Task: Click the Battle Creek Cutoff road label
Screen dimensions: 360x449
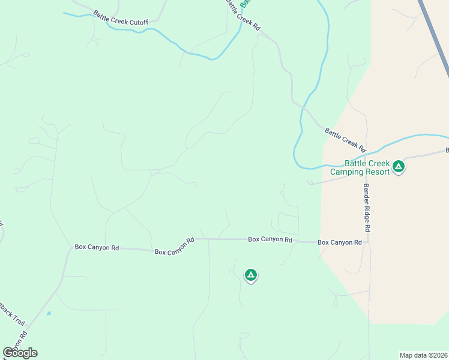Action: [x=120, y=17]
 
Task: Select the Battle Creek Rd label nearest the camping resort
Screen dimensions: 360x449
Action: [x=345, y=139]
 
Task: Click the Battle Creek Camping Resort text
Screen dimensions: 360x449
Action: [x=360, y=167]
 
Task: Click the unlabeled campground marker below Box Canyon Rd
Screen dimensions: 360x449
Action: [x=251, y=275]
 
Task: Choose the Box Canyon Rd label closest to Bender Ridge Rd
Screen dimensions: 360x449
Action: [x=339, y=242]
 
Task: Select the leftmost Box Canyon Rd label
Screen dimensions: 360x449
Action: [x=97, y=247]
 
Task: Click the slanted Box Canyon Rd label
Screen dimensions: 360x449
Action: [x=175, y=247]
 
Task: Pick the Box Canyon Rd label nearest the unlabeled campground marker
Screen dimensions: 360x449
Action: [x=270, y=239]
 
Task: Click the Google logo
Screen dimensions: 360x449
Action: [x=20, y=353]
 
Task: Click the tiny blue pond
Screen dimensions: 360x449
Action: [x=48, y=313]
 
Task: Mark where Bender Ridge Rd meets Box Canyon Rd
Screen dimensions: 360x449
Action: [x=368, y=242]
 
